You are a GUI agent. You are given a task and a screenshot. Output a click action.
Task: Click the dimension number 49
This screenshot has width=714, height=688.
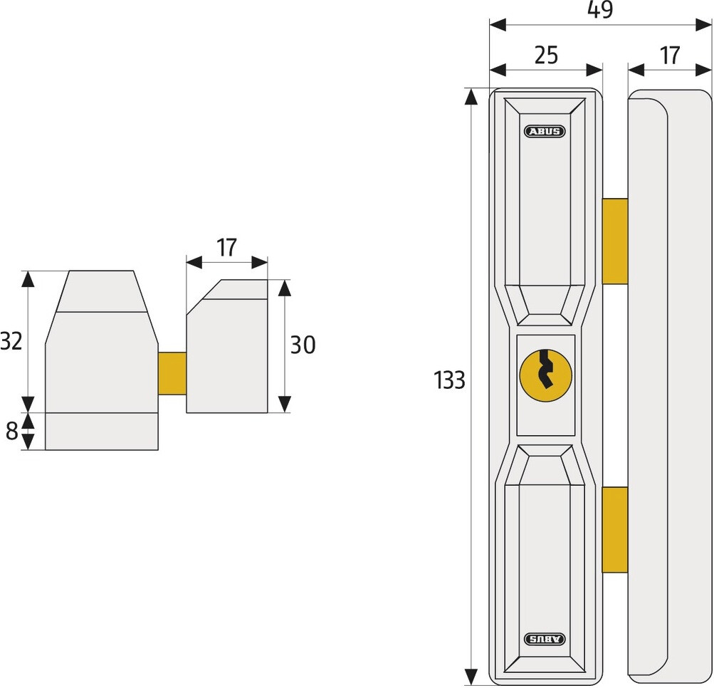click(600, 9)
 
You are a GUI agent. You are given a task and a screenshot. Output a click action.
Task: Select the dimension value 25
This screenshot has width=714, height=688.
click(546, 55)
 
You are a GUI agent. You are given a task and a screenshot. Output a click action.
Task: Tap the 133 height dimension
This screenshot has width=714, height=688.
click(449, 380)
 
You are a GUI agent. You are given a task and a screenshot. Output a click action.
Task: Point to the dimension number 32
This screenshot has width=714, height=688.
click(11, 341)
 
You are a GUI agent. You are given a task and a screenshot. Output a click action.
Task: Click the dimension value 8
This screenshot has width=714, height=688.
click(12, 431)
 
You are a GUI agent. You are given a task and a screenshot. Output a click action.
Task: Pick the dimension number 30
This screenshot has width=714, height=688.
click(303, 345)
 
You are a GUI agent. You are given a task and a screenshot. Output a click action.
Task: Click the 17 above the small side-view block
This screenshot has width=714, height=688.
click(226, 247)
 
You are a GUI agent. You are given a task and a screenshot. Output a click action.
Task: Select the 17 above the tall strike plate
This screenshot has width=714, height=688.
click(669, 55)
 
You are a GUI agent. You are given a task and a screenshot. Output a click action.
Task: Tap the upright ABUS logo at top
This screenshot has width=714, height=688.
click(545, 132)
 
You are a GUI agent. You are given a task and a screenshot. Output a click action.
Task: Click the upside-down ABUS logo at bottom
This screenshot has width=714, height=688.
click(545, 640)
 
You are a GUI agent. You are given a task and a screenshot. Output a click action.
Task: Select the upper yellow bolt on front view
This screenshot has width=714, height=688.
click(615, 241)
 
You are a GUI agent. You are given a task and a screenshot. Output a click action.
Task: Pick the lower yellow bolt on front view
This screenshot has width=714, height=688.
click(615, 529)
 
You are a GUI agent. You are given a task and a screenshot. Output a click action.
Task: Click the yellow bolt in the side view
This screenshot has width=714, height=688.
click(172, 373)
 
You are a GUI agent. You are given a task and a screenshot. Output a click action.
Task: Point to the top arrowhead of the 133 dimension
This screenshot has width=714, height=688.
click(471, 96)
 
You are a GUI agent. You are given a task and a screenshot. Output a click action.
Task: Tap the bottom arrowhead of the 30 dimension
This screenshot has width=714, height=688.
click(285, 404)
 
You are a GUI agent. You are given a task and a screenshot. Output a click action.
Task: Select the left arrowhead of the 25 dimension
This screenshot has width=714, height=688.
click(498, 71)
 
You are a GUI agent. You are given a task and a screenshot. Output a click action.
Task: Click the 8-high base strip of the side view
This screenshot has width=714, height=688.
click(102, 432)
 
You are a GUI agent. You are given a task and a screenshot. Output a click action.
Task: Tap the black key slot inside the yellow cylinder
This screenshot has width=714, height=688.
click(545, 369)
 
